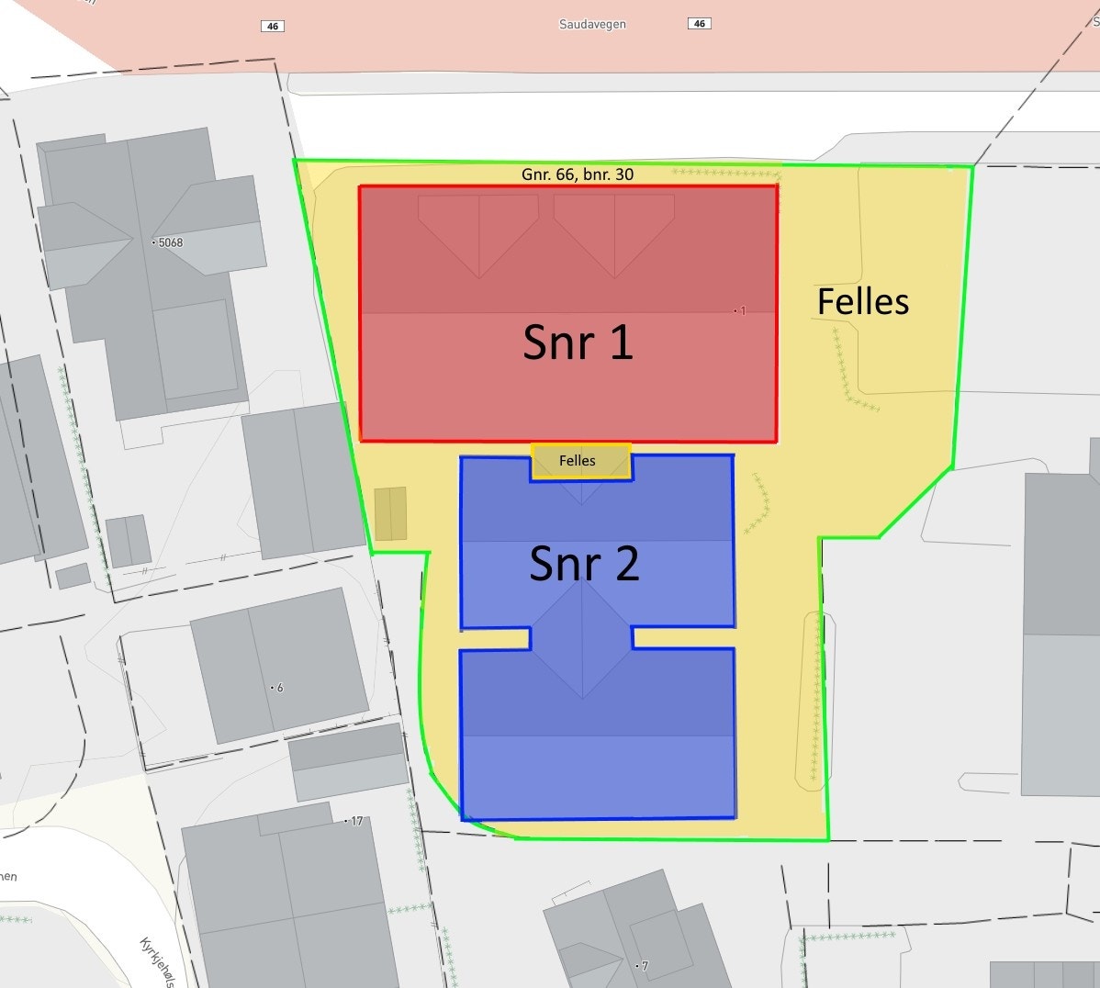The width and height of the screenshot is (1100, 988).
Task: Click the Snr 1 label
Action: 578,342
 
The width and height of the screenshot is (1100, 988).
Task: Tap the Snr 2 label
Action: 584,564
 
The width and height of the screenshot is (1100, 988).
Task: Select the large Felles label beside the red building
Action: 863,301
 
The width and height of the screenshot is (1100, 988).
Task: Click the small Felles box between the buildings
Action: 579,461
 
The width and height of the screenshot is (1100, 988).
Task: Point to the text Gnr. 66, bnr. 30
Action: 577,174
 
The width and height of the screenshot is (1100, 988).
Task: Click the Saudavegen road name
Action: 592,24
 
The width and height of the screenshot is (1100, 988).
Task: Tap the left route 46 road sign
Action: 273,26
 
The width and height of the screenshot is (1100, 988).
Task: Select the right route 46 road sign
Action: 700,23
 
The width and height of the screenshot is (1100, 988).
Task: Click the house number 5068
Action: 170,242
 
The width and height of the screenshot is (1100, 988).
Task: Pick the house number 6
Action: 279,688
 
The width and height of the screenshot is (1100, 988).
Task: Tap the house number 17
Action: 356,821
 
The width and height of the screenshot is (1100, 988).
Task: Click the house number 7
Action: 644,966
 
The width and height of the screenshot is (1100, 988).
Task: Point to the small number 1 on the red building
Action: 742,311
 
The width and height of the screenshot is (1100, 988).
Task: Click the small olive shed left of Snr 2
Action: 390,513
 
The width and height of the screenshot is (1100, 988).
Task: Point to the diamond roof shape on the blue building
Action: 581,638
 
